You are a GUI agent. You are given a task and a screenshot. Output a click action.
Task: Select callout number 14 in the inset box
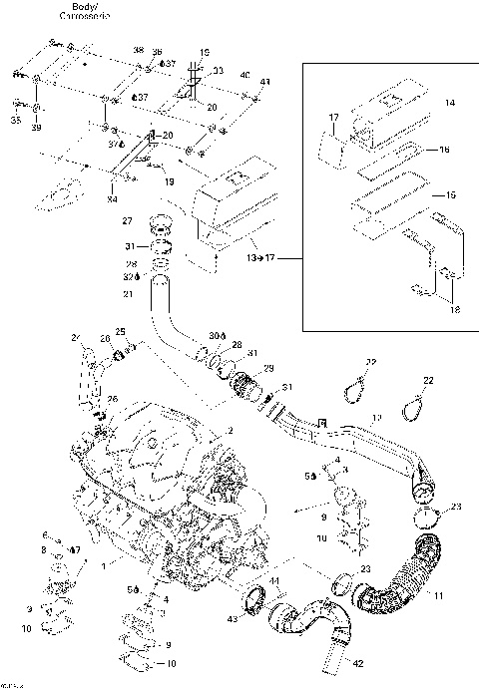(x=448, y=103)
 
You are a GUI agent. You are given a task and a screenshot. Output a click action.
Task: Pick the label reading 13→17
(x=256, y=259)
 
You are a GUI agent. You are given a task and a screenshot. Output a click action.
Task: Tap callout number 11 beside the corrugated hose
(x=438, y=596)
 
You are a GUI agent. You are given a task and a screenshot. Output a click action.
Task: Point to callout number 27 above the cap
(x=127, y=220)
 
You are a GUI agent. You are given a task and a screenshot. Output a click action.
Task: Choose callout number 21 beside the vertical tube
(x=127, y=294)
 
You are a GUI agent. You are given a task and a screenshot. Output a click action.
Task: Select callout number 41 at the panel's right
(x=264, y=82)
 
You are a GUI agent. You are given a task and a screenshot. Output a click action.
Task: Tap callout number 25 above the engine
(x=120, y=331)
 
